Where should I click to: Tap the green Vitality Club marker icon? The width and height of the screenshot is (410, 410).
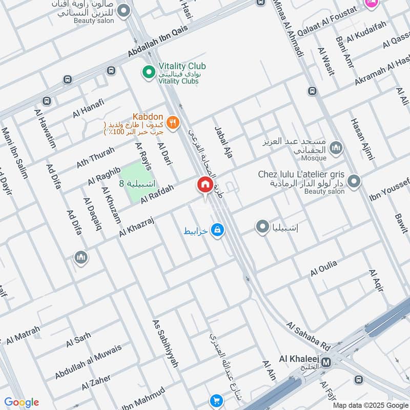pyautogui.click(x=149, y=73)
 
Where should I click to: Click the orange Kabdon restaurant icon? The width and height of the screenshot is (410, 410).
pyautogui.click(x=173, y=122)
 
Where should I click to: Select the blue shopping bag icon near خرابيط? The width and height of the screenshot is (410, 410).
pyautogui.click(x=218, y=230)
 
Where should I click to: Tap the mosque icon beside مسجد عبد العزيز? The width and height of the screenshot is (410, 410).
pyautogui.click(x=337, y=148)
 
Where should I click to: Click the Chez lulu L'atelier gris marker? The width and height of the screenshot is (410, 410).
pyautogui.click(x=354, y=181)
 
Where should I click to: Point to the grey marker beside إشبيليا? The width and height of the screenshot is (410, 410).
pyautogui.click(x=262, y=226)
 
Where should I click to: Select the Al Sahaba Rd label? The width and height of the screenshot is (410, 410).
pyautogui.click(x=308, y=335)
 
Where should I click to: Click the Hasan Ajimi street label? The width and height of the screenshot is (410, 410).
pyautogui.click(x=363, y=136)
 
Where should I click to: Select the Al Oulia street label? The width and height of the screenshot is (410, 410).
pyautogui.click(x=323, y=268)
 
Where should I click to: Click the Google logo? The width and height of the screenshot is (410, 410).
pyautogui.click(x=22, y=402)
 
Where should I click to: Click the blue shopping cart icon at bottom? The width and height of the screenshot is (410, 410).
pyautogui.click(x=217, y=401)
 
